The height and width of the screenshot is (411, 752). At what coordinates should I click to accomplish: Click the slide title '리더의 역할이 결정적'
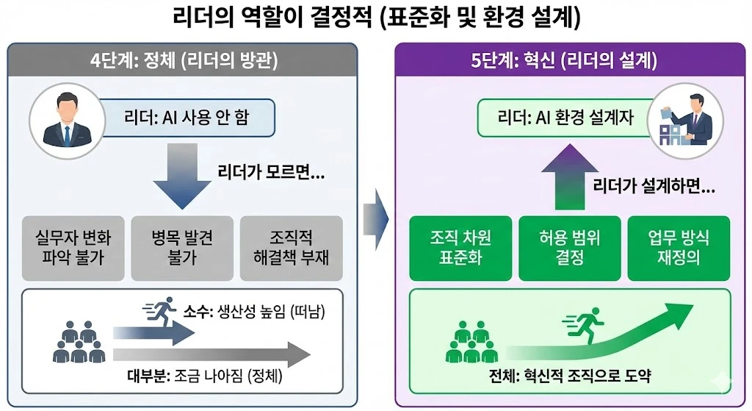[272, 18]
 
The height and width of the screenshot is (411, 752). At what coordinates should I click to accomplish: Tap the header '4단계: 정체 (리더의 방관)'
[184, 61]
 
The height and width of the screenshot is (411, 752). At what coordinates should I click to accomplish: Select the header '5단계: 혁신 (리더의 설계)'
[563, 60]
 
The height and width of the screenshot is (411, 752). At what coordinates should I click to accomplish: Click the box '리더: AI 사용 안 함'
[187, 118]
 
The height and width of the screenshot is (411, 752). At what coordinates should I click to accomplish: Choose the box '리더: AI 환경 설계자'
[566, 118]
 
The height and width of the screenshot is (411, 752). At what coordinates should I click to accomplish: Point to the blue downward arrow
[182, 176]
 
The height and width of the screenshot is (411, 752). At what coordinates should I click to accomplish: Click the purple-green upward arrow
[570, 176]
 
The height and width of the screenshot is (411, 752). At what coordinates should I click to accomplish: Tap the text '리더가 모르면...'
[271, 172]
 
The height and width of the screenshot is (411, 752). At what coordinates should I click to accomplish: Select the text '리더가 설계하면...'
[654, 185]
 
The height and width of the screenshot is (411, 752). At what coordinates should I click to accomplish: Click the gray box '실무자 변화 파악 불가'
[73, 249]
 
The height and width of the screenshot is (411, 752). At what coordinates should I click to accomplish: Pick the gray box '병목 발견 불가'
[182, 249]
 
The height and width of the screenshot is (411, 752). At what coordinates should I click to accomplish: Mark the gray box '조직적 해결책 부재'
[291, 249]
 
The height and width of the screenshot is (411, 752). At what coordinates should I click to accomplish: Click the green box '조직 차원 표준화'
[461, 249]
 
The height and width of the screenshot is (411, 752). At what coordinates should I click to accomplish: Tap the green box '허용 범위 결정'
[570, 249]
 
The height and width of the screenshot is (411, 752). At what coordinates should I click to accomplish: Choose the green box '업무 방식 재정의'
[679, 249]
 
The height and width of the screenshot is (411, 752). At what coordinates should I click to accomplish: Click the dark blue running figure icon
[160, 311]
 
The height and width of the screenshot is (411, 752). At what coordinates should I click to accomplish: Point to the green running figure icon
[583, 325]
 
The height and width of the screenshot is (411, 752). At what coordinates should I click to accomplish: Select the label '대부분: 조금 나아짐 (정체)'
[205, 376]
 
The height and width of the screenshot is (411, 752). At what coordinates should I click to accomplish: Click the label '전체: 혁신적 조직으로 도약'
[570, 376]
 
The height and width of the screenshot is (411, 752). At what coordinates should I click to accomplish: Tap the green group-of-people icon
[472, 342]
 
